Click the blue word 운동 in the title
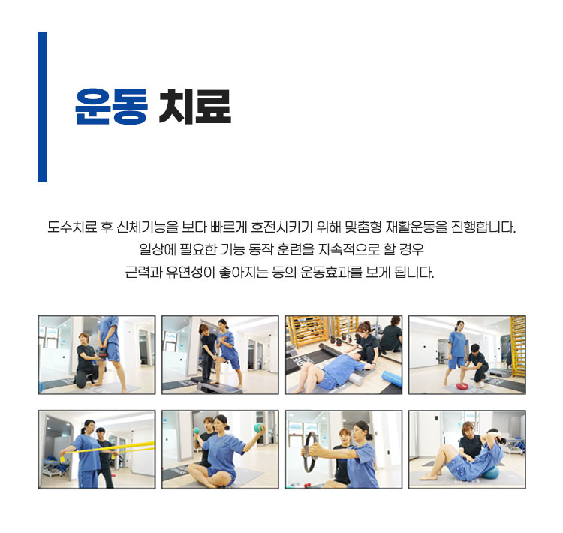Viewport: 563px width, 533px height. point(111,107)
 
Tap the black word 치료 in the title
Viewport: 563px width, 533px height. point(194,107)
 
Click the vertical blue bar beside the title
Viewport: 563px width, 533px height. point(42,107)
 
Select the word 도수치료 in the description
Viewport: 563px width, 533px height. point(72,227)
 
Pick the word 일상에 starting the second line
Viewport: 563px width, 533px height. point(158,249)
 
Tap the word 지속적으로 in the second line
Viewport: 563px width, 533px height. point(348,249)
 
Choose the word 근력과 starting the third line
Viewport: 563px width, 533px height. point(143,272)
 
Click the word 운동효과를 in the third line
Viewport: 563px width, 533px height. point(331,272)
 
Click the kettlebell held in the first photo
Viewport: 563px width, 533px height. point(104,353)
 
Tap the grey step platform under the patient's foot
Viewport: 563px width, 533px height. point(218,387)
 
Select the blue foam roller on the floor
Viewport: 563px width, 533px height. point(391,379)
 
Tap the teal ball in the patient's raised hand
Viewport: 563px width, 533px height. point(258,428)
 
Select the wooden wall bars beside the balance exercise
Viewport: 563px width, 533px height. point(518,346)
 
